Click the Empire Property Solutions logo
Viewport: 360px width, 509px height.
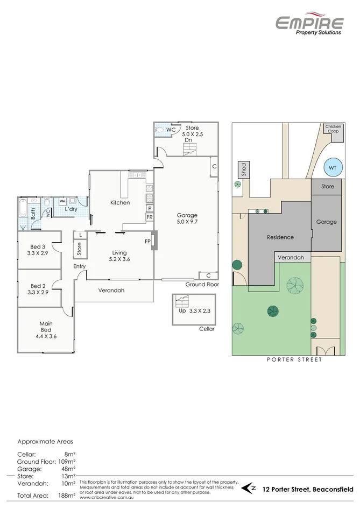(309, 24)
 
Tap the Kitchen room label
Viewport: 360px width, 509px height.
(120, 203)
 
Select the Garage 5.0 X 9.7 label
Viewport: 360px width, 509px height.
(187, 218)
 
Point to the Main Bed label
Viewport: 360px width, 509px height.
(46, 329)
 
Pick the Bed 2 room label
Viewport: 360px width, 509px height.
(38, 289)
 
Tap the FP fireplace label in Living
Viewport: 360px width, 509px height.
(147, 242)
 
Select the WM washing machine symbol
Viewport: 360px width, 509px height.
(62, 201)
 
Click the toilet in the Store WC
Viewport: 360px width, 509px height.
(160, 129)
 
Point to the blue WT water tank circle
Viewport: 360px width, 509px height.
(332, 168)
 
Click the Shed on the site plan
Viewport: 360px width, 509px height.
(243, 170)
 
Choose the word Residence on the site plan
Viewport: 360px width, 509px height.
(280, 237)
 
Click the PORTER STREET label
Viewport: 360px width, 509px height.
(294, 359)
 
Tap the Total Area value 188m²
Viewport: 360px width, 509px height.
(66, 496)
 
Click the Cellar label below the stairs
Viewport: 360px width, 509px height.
(207, 329)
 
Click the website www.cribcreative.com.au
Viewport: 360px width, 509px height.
(107, 498)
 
